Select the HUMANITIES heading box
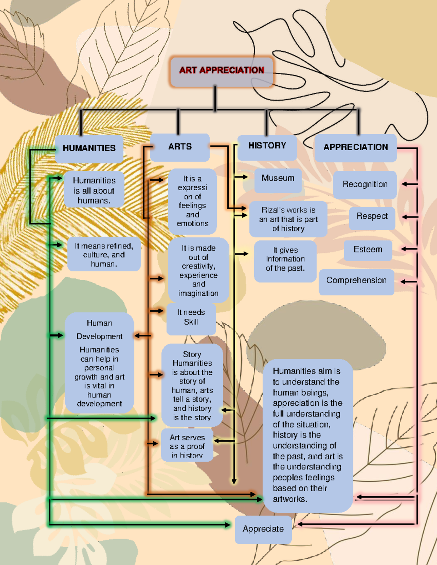click(x=89, y=148)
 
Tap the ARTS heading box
click(x=180, y=147)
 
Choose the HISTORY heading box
click(x=267, y=146)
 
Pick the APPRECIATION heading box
click(x=355, y=147)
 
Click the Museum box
click(x=278, y=179)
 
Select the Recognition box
click(x=365, y=184)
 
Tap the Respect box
click(x=372, y=217)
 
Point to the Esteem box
click(x=368, y=250)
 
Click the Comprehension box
click(x=356, y=281)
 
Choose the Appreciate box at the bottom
click(x=263, y=529)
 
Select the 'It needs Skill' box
click(x=191, y=318)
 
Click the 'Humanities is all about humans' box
click(x=94, y=190)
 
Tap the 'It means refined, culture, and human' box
click(x=104, y=255)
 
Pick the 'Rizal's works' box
click(x=288, y=219)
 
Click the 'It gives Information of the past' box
click(x=285, y=260)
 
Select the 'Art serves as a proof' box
click(x=187, y=446)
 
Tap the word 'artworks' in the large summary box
click(x=290, y=499)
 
